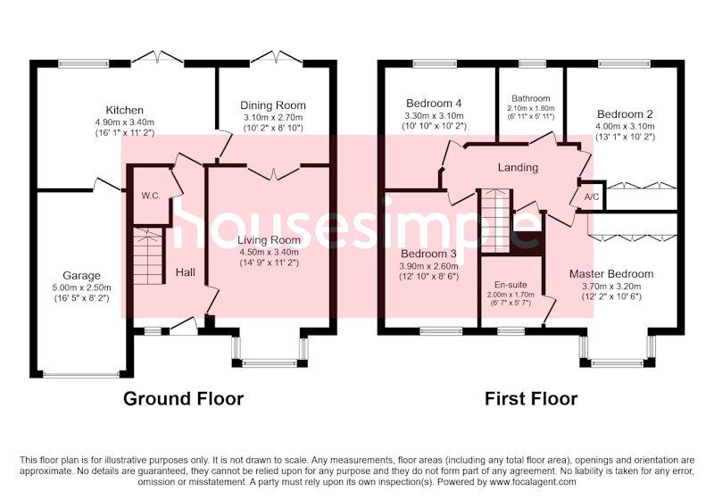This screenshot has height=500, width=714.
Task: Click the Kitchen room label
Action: click(x=124, y=110)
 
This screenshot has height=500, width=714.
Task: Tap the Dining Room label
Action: click(x=273, y=105)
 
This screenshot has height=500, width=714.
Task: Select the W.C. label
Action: click(x=151, y=196)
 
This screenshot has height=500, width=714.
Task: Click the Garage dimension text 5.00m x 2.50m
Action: click(x=81, y=287)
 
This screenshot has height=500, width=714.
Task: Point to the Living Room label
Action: click(x=270, y=240)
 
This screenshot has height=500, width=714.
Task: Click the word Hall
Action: click(x=186, y=272)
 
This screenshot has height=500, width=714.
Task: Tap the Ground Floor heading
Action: click(x=184, y=398)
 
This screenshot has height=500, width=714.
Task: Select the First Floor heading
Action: click(x=531, y=398)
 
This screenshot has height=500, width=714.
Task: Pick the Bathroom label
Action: click(x=530, y=98)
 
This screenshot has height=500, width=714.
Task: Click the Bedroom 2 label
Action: click(x=626, y=114)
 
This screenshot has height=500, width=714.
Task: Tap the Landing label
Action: click(x=518, y=168)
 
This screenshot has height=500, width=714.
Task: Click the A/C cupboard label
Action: click(x=592, y=197)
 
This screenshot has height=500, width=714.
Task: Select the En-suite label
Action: click(x=511, y=285)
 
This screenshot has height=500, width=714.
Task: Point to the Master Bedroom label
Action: click(x=611, y=274)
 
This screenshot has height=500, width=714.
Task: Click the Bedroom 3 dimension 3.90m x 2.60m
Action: click(x=428, y=266)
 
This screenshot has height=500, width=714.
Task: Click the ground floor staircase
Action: click(x=148, y=256)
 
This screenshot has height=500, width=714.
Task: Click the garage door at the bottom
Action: click(x=81, y=375)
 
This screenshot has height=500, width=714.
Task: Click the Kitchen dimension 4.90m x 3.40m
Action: click(x=125, y=122)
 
